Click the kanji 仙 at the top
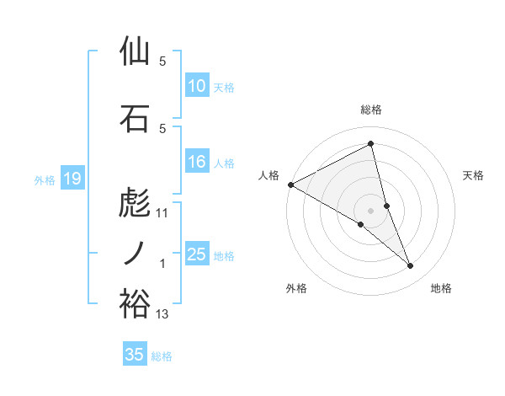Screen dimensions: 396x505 135,51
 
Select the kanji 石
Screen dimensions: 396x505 135,118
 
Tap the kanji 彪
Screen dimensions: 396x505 135,203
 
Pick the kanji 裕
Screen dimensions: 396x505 135,303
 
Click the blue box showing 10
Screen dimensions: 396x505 197,86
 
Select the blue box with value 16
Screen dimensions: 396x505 197,163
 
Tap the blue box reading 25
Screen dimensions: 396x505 197,255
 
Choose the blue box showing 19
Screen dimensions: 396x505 72,179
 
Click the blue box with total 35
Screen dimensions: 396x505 135,355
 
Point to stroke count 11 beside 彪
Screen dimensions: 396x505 162,214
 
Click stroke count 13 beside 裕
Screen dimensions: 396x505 162,315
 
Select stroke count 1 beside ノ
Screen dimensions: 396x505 162,265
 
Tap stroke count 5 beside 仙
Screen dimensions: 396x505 162,62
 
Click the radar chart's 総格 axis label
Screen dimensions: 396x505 371,110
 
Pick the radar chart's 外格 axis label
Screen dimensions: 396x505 296,288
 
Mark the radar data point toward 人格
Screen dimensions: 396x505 290,185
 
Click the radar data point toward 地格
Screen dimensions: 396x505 411,266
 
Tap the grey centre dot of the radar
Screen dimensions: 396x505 371,210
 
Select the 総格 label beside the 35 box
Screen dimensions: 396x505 162,356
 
